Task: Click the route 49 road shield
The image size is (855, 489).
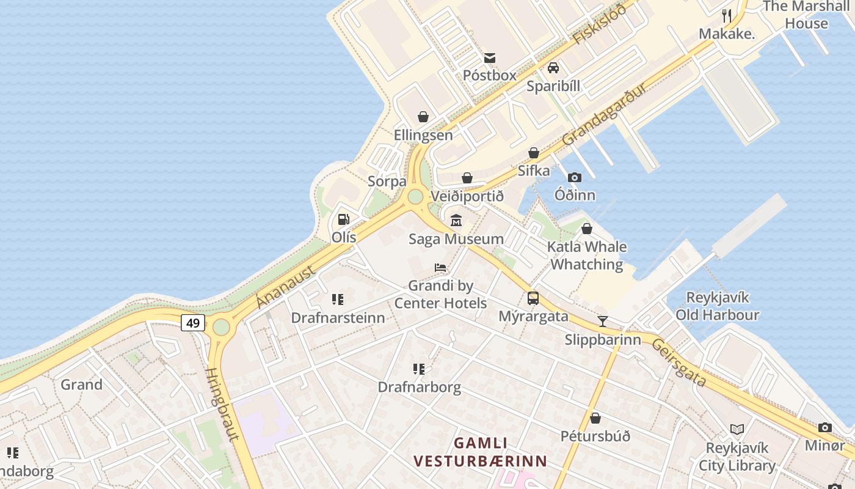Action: pos(193,323)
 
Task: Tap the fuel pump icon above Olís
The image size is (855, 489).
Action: pos(344,219)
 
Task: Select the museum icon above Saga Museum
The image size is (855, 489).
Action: pos(456,220)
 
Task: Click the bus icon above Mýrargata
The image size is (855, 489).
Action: pos(533,298)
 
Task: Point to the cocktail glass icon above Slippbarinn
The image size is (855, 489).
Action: pos(603,321)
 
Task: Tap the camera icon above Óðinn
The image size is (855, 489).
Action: pos(575,177)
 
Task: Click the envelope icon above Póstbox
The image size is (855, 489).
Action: pos(490,58)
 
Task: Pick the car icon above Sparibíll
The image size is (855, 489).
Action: pos(553,68)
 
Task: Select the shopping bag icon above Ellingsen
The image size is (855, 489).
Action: pos(423,117)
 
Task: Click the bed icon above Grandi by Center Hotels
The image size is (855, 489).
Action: pos(440,268)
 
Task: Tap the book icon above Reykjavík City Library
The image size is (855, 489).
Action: pos(737,429)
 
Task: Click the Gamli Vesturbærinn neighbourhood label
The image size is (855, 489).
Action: pos(480,452)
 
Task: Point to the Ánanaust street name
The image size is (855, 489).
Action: pos(286,287)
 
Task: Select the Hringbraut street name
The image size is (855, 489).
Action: pos(222,403)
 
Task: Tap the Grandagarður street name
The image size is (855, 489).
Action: pos(604,114)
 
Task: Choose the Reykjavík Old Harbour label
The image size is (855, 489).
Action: pos(717,306)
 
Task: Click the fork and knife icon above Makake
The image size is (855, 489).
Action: pos(727,15)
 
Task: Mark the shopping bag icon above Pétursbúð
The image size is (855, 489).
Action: pos(595,418)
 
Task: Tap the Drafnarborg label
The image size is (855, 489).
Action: pos(419,387)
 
